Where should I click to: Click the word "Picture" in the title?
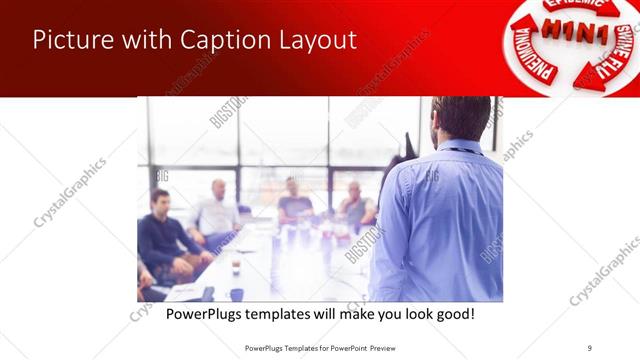tap(69, 40)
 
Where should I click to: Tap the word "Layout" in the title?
tap(315, 42)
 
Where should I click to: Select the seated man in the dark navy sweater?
tap(163, 235)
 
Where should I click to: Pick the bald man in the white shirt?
tap(216, 211)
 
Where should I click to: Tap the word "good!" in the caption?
tap(453, 315)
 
